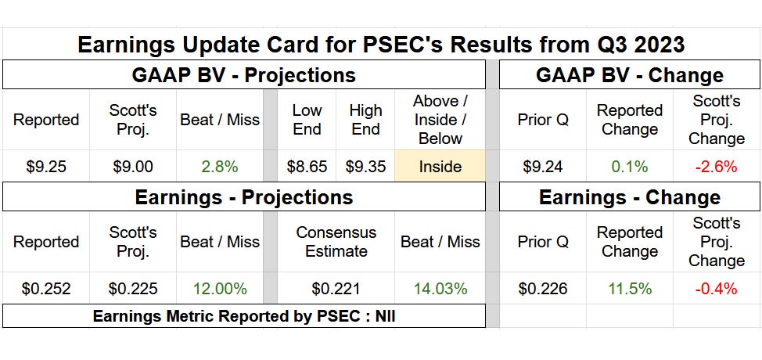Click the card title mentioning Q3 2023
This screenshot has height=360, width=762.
tap(381, 44)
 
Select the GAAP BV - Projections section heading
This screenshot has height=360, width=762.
tap(243, 75)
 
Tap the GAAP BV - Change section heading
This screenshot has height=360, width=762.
tap(630, 75)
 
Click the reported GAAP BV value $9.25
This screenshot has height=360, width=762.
tap(46, 167)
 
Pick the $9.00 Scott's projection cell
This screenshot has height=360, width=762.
tap(133, 167)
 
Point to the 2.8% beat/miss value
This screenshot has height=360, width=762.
tap(219, 167)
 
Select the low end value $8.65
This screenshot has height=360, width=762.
tap(307, 167)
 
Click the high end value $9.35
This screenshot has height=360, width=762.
tap(365, 167)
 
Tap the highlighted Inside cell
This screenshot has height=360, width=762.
tap(440, 167)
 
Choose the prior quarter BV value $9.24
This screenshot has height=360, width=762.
tap(543, 167)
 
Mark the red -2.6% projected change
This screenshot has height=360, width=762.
tap(716, 167)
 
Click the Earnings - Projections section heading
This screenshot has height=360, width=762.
tap(243, 197)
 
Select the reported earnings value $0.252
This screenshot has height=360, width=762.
tap(46, 289)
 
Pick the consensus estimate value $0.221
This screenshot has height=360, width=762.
tap(336, 289)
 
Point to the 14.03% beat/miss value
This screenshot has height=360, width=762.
tap(440, 289)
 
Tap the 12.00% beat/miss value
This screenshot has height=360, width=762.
tap(219, 289)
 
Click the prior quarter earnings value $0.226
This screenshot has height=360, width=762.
tap(543, 289)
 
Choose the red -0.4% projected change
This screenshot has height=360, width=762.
tap(716, 289)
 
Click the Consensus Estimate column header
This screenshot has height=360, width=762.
tap(336, 242)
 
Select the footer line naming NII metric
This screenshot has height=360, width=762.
tap(243, 317)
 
